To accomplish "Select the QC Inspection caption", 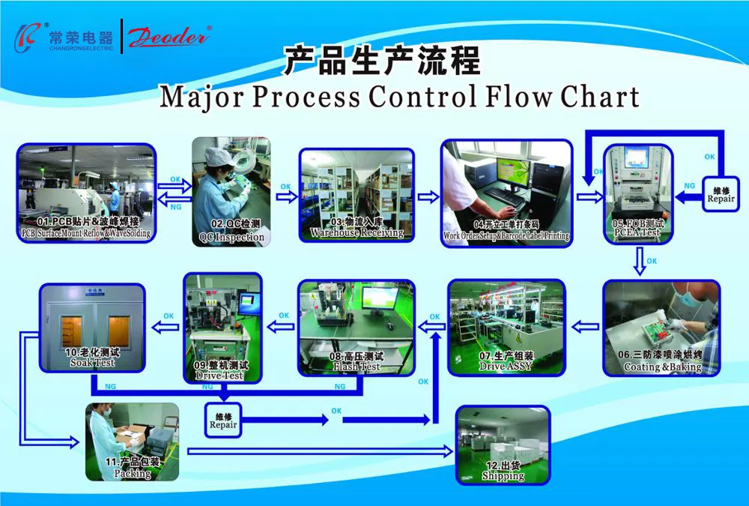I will coord(231,237).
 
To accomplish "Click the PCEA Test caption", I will coord(637,232).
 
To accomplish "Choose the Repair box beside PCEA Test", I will coord(721,194).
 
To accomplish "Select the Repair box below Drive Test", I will coord(223,421).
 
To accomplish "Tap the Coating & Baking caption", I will coord(662,367).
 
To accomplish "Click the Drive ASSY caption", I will coord(506,366).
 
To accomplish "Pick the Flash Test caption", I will coord(357,367).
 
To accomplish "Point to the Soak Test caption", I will coord(93,363).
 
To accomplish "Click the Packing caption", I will coord(133,473).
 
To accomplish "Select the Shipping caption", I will coord(503,476).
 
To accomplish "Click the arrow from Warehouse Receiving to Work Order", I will coord(428,196).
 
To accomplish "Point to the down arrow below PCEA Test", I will coord(639,262).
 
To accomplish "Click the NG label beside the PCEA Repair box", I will coord(690,185).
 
